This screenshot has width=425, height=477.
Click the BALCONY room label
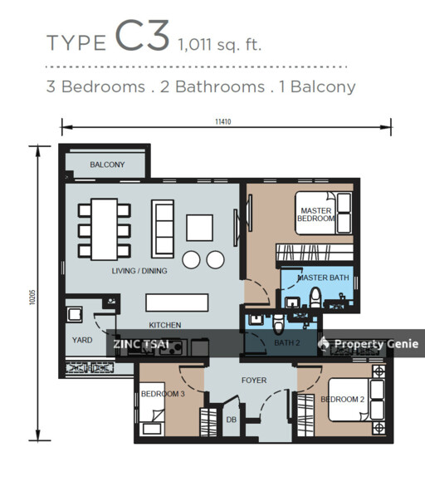[x=107, y=165]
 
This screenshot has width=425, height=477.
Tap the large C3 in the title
[x=142, y=36]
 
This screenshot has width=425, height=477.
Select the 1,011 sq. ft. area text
[x=220, y=44]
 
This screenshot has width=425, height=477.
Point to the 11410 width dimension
[x=223, y=121]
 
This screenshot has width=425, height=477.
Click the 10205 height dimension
[x=33, y=298]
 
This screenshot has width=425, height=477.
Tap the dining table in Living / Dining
[x=105, y=229]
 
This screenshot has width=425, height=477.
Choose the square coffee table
[x=199, y=228]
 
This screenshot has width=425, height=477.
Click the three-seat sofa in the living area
[x=163, y=229]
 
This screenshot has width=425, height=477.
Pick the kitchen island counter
[x=177, y=302]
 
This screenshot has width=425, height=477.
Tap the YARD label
[x=82, y=340]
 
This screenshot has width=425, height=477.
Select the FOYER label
[x=254, y=381]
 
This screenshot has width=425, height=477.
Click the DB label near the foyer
[x=232, y=420]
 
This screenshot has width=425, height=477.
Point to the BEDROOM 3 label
[x=163, y=394]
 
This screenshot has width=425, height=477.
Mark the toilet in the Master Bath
[x=316, y=298]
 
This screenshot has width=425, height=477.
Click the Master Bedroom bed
[x=324, y=213]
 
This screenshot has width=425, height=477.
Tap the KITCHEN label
[x=165, y=325]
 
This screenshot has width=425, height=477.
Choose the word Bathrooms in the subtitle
[x=220, y=86]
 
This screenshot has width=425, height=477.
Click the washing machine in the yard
[x=75, y=315]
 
